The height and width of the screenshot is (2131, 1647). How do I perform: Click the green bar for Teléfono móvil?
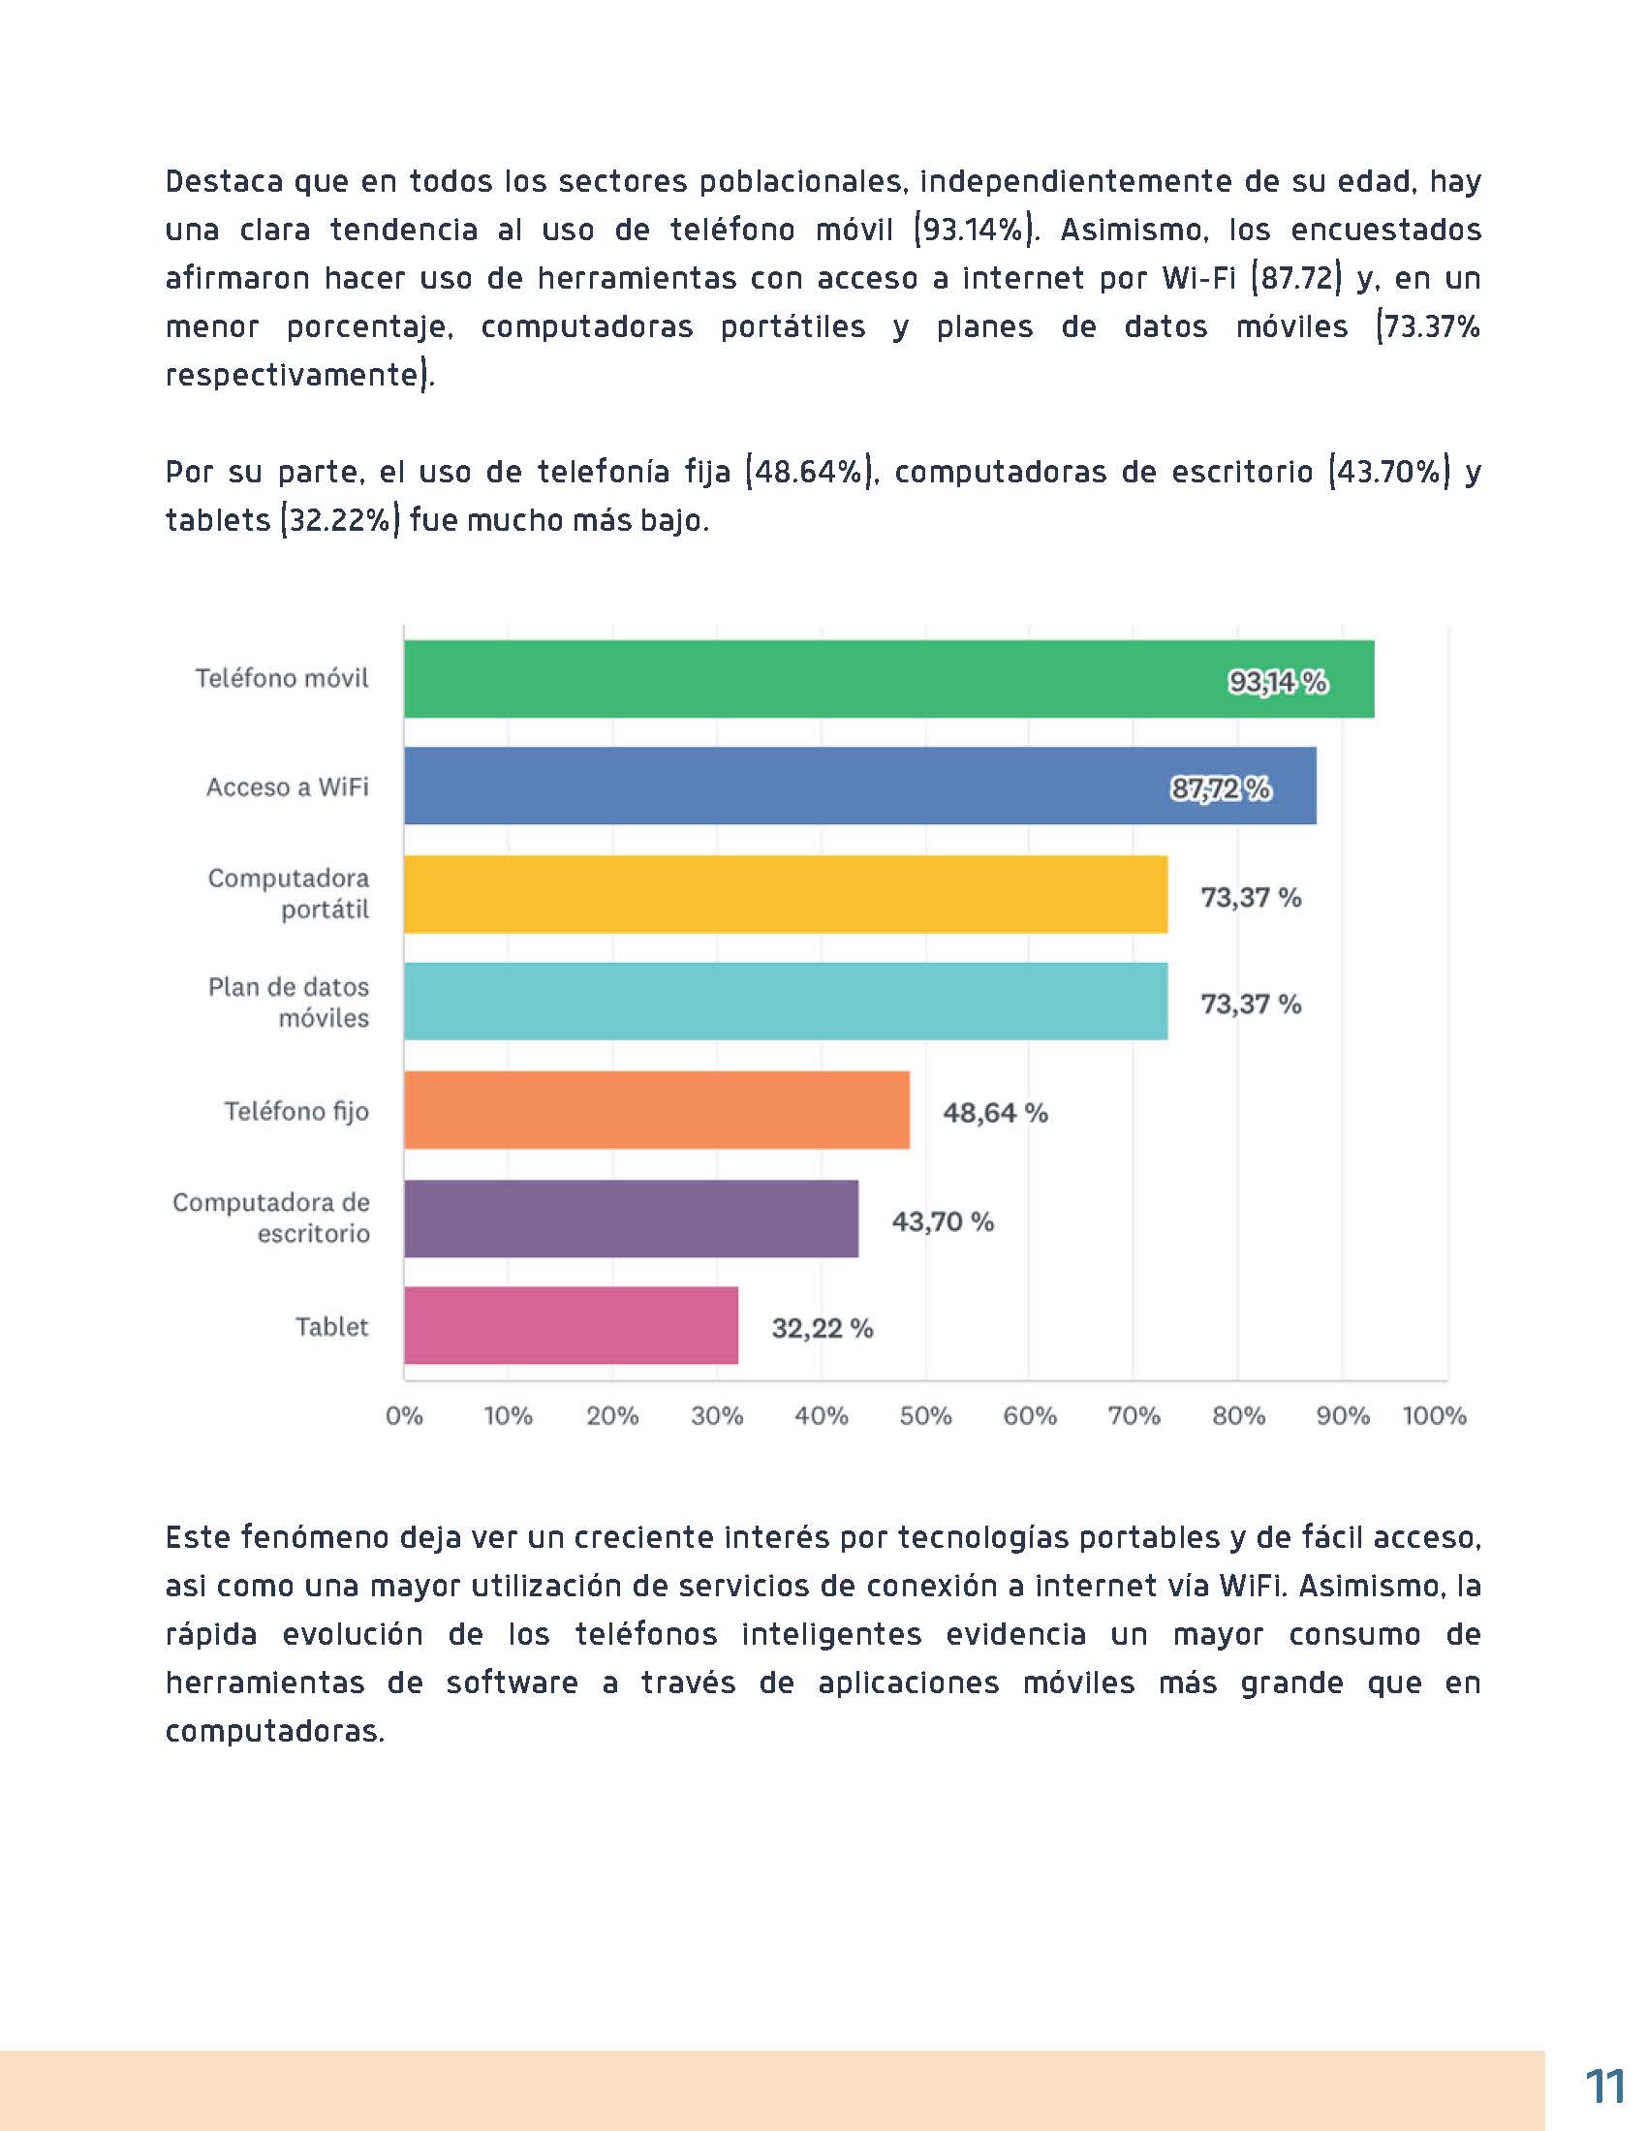pos(887,679)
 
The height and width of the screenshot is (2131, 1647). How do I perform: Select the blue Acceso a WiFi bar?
pos(858,787)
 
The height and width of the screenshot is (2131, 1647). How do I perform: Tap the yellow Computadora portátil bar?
pos(786,895)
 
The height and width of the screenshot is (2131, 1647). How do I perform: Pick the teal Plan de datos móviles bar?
pos(786,1003)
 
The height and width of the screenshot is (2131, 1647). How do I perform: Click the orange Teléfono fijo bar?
pos(657,1110)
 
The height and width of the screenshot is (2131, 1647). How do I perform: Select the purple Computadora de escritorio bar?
pos(632,1219)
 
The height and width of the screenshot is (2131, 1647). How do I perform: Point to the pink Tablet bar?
pos(571,1326)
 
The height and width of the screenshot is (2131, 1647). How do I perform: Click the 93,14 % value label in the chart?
pos(1277,682)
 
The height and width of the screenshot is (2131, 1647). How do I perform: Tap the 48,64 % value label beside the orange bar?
pos(994,1113)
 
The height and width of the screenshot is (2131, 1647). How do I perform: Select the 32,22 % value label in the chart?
pos(822,1329)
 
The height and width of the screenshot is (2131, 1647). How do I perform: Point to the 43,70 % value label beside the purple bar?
pos(942,1221)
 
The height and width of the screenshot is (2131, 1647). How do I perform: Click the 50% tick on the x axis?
pos(925,1416)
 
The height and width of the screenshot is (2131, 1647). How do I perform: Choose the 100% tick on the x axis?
pos(1433,1416)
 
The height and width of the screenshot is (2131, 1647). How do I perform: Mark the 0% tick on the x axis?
pos(404,1416)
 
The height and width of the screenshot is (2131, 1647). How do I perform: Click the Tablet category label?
pos(331,1327)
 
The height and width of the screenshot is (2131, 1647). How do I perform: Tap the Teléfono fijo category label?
pos(296,1111)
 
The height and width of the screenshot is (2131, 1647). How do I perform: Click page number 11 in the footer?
pos(1604,2088)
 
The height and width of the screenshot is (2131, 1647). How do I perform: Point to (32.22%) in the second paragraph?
pos(340,520)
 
